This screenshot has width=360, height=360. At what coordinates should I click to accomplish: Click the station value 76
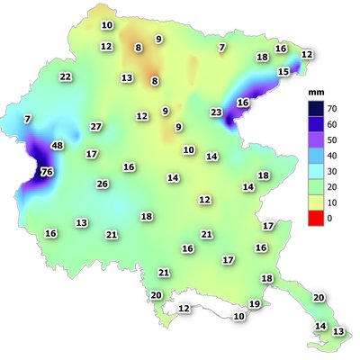coord(47,172)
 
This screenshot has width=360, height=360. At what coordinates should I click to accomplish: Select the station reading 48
coord(58,146)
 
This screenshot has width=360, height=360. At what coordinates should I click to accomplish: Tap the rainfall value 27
coord(96,127)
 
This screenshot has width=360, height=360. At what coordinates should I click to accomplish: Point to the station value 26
coord(103,184)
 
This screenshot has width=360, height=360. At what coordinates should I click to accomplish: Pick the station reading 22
coord(66,77)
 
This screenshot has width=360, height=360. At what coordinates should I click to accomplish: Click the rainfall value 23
coord(216,112)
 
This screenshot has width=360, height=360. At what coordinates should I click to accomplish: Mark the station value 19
coord(254,305)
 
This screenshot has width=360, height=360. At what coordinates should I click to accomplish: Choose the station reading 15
coord(283,72)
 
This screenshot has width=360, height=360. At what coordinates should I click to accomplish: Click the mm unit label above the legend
coord(316,92)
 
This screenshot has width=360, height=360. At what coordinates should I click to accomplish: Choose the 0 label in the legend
coord(328,219)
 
